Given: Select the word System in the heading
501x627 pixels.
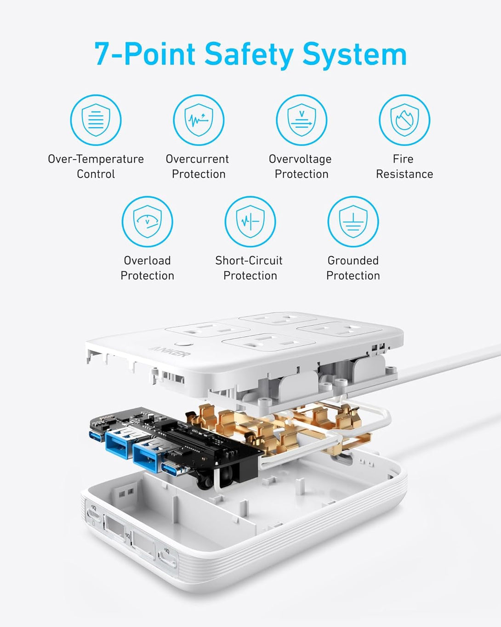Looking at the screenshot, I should [x=354, y=54].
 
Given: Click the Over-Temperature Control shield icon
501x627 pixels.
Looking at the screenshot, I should [x=96, y=120].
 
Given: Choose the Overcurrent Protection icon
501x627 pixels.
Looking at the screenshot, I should [x=199, y=120].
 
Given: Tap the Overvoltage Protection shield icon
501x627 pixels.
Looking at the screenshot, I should [x=302, y=120].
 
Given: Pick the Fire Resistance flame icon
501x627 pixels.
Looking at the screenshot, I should [x=404, y=120].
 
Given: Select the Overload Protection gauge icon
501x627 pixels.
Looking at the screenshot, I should [x=147, y=222].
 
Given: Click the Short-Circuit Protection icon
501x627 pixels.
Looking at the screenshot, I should [x=250, y=222].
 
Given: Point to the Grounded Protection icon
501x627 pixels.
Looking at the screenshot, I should [x=353, y=222].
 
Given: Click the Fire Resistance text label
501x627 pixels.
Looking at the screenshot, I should [x=404, y=167].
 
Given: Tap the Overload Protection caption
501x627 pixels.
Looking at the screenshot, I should [x=147, y=268].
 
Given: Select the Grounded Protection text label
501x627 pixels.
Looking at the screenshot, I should [x=353, y=268].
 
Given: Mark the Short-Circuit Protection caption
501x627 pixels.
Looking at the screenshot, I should [x=249, y=268].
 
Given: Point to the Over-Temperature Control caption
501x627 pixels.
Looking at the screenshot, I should [x=96, y=167].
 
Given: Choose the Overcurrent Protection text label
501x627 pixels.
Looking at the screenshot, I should [x=198, y=167].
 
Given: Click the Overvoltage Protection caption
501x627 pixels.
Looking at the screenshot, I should [x=301, y=167].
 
